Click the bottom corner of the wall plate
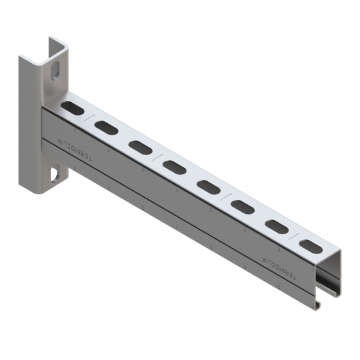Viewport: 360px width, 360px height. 32,193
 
